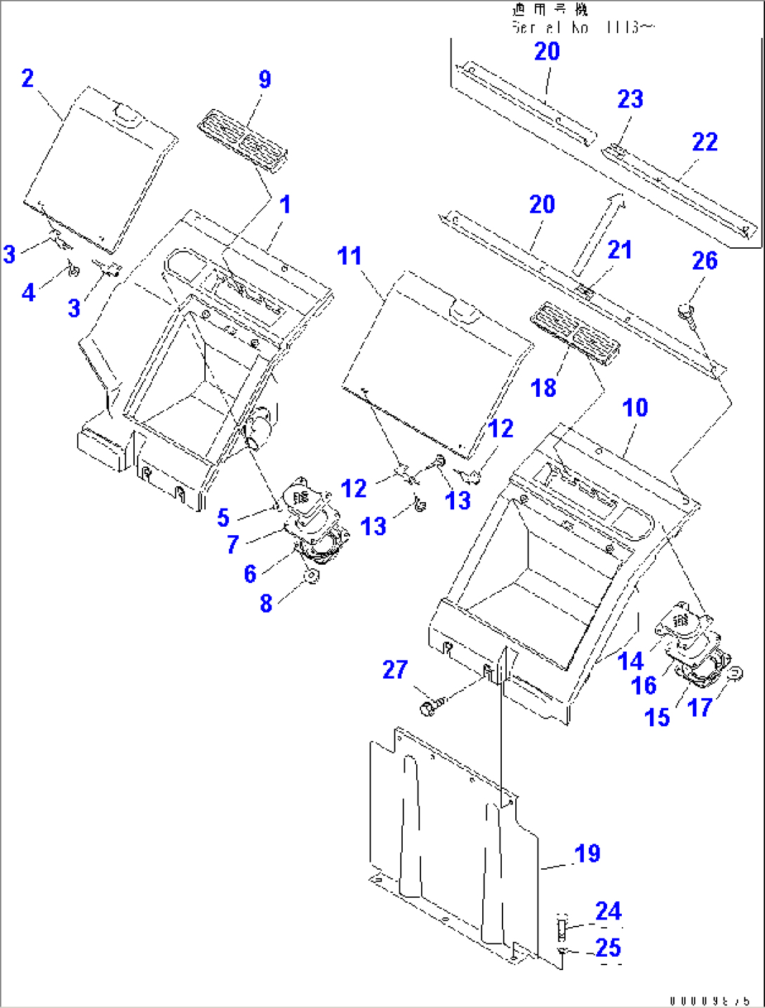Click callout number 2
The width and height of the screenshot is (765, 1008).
click(x=27, y=78)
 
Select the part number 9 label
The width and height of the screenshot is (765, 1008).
click(x=265, y=79)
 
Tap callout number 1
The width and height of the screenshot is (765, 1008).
click(x=285, y=204)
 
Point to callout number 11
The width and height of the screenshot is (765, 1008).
click(x=350, y=256)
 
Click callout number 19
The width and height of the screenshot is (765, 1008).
click(x=587, y=853)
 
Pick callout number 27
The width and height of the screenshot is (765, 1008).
click(x=395, y=669)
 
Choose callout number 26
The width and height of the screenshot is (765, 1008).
click(x=705, y=261)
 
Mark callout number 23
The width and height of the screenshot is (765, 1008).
click(x=630, y=99)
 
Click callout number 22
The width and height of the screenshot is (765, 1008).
click(x=705, y=142)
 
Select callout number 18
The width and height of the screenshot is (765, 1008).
click(x=543, y=388)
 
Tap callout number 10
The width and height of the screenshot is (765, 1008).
click(x=635, y=407)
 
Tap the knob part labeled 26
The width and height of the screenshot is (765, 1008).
click(x=686, y=309)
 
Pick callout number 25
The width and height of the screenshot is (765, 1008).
click(x=608, y=948)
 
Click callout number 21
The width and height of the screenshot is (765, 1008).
click(x=620, y=249)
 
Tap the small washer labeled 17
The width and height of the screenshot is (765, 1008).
click(x=735, y=674)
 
